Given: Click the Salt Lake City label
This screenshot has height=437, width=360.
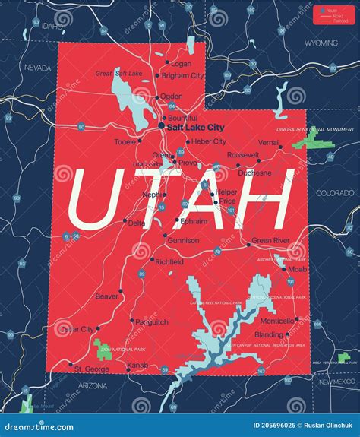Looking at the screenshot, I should point(195,128).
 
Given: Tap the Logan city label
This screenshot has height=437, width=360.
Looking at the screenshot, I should point(181,64).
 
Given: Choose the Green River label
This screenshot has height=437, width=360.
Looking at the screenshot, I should point(271,241).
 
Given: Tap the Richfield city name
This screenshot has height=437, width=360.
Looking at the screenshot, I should point(169,261).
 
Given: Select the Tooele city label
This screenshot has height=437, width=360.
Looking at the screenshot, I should point(125,141).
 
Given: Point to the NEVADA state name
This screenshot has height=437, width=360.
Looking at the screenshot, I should point(37,68).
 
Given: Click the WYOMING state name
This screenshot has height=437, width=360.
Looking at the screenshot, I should point(322,43).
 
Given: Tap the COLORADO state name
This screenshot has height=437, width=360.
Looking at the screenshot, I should point(335,193).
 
